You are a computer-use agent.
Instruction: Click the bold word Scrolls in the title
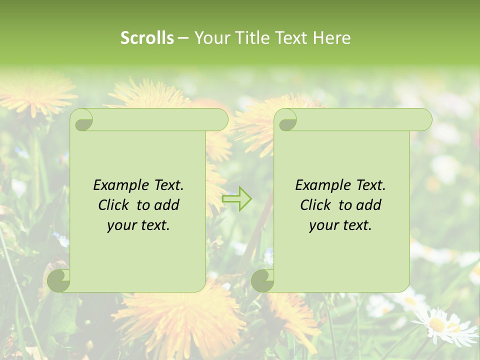click(x=147, y=38)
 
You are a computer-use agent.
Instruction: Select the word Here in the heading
click(x=331, y=38)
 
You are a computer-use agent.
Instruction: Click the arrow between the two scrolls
click(x=236, y=198)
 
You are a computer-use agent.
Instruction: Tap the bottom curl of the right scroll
click(x=263, y=280)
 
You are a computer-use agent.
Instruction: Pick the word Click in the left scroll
click(x=115, y=205)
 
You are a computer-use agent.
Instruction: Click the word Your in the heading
click(x=210, y=38)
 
